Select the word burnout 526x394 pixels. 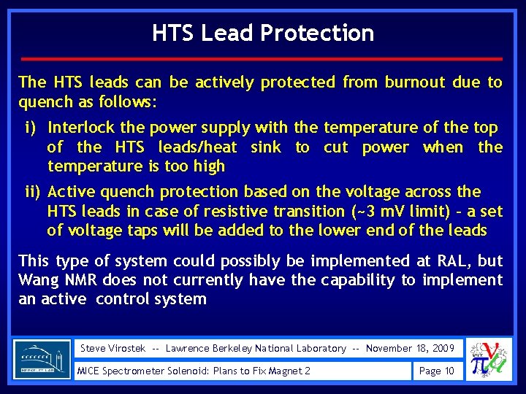click(415, 82)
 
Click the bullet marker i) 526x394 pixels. click(31, 128)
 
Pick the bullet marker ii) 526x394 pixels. click(33, 192)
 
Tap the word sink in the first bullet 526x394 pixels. click(265, 147)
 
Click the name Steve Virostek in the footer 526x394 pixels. click(113, 349)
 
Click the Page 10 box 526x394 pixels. click(436, 371)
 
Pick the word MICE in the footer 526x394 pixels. click(93, 371)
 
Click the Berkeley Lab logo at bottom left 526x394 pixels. click(42, 360)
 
